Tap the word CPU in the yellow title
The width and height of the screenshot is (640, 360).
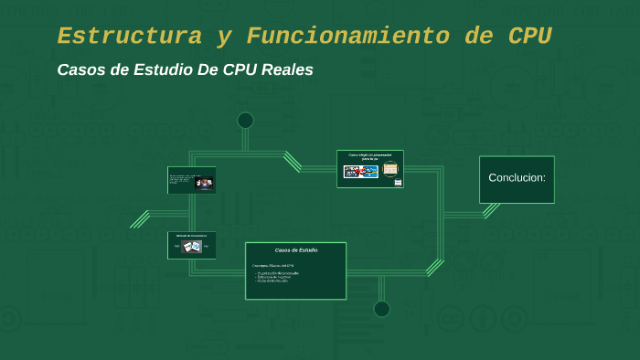tap(530, 37)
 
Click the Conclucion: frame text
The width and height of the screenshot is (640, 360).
tap(517, 177)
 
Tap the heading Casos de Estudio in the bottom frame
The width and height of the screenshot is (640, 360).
tap(296, 249)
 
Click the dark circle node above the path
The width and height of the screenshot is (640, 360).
tap(245, 121)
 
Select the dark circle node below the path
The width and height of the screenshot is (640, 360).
tap(381, 309)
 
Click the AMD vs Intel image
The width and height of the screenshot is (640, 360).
tap(360, 171)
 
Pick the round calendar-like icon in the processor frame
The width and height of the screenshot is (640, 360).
tap(390, 169)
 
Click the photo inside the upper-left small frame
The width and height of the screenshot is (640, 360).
tap(205, 183)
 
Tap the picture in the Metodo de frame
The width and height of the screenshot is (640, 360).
tap(192, 246)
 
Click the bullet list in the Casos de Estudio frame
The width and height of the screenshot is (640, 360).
tap(278, 277)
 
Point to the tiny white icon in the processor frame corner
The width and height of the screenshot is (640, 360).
tap(398, 182)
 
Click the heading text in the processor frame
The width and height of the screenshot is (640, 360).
tap(369, 157)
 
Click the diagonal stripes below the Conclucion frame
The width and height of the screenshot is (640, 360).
tap(491, 210)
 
